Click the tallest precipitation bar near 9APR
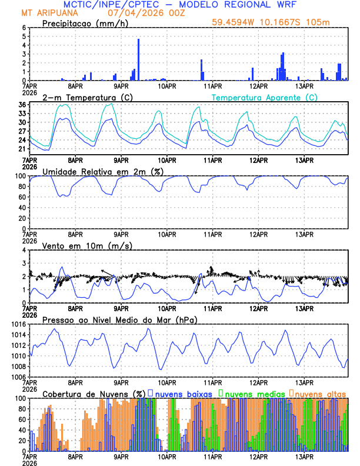138,59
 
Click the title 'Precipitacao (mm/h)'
86,24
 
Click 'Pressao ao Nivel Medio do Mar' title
119,319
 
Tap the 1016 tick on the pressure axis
18,324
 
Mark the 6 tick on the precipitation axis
24,28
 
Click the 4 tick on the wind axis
24,250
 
